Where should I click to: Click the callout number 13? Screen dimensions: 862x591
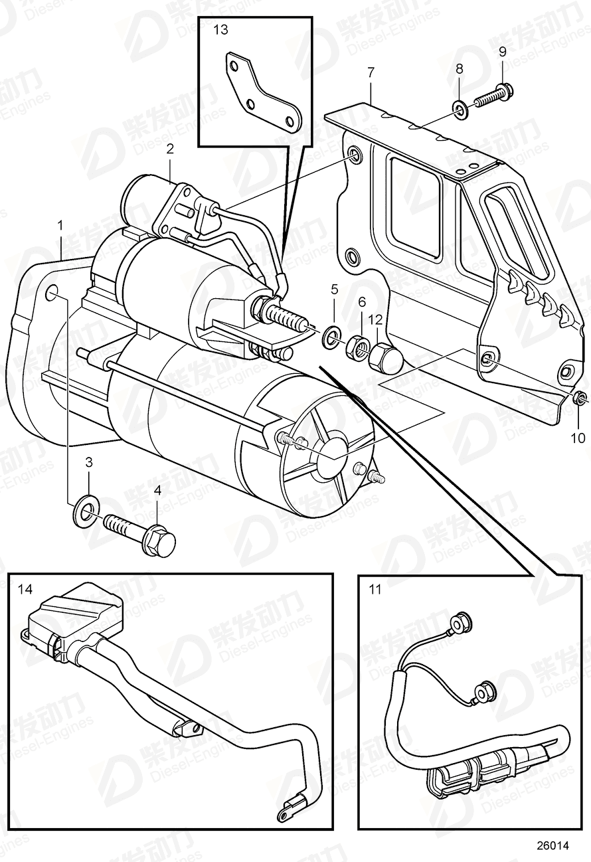[220, 30]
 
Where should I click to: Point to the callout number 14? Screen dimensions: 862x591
[25, 589]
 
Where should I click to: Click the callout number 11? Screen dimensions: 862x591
[375, 589]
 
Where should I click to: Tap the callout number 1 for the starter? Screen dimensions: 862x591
[60, 226]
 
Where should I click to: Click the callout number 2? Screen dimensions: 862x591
[171, 149]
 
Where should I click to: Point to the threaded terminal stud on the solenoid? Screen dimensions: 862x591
[286, 316]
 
